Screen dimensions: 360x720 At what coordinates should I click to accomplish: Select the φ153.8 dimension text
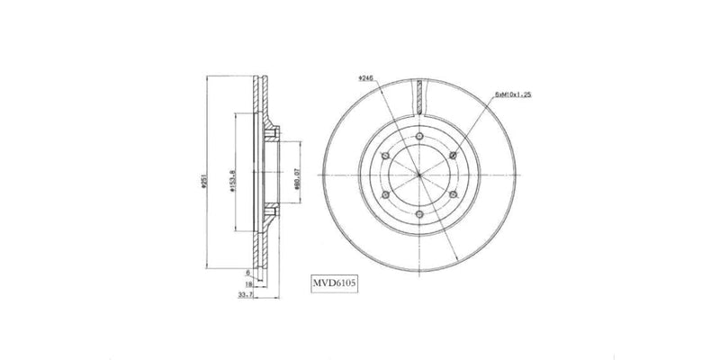232,182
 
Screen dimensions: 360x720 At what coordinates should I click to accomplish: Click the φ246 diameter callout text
364,78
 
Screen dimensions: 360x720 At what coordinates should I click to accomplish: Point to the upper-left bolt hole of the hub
383,153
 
